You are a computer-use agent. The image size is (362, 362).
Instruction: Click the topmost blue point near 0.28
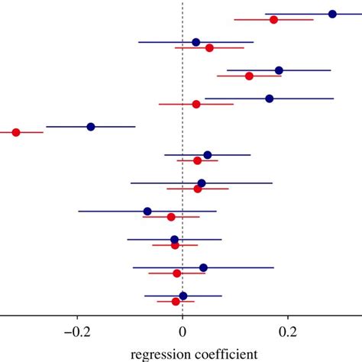click(332, 14)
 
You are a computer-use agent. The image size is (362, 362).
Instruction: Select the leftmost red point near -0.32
click(16, 132)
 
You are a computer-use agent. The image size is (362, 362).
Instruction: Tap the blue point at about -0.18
click(91, 127)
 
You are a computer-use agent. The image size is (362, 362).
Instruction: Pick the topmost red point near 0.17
click(273, 20)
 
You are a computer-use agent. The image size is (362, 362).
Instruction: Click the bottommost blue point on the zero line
click(183, 296)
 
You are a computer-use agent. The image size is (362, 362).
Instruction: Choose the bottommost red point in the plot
click(176, 302)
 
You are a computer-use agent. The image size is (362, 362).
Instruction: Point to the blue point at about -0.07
click(147, 211)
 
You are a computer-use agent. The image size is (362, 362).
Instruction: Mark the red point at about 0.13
click(249, 76)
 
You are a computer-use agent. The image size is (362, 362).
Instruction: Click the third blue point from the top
click(279, 70)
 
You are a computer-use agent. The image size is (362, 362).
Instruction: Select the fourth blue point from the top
click(270, 99)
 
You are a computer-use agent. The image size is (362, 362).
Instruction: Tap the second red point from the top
click(209, 48)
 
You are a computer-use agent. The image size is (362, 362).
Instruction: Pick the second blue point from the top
click(196, 42)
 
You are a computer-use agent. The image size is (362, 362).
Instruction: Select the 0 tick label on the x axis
click(183, 332)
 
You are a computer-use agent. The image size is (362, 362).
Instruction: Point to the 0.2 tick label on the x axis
click(287, 332)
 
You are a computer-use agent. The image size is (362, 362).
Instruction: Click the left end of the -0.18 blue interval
click(47, 127)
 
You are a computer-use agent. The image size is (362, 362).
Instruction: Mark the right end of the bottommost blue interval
click(221, 296)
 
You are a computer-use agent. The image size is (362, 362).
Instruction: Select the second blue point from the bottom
click(203, 267)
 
